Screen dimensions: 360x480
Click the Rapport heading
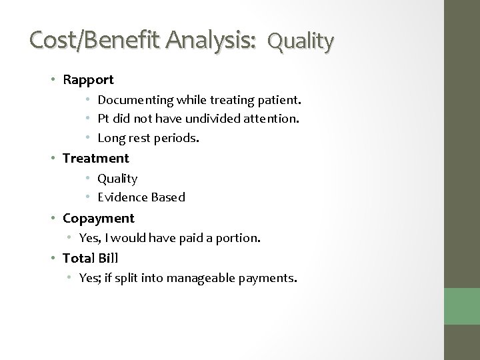coord(88,80)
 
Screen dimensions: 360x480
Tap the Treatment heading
coord(96,158)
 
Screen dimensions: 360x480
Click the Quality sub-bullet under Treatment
coord(117,178)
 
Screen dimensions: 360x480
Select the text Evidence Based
coord(141,197)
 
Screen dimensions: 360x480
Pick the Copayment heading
coord(98,218)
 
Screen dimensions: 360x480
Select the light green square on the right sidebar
coord(462,307)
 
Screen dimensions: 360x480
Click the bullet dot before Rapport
coord(55,80)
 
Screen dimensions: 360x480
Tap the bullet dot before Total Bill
coord(55,257)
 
